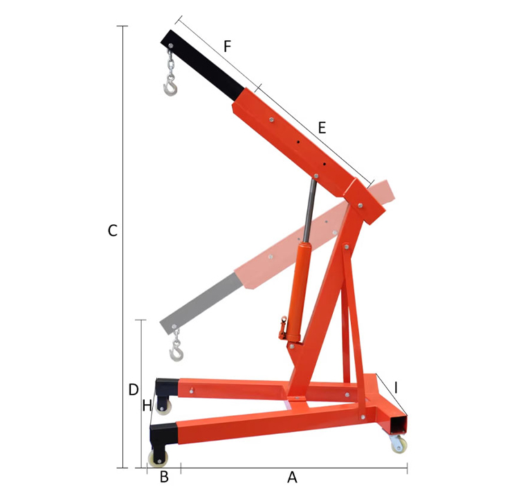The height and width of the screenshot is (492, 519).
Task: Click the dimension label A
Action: tap(292, 477)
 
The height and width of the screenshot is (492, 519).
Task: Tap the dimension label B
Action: tap(164, 477)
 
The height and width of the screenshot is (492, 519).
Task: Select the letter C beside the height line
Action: tap(112, 231)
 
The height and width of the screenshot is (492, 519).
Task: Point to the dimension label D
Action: tap(134, 390)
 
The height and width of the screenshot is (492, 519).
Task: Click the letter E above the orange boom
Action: tap(321, 127)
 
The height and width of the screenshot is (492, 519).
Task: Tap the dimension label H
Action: tap(147, 406)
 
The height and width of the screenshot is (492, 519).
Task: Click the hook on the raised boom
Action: tap(170, 86)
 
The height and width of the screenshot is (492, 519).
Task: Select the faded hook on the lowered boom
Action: tap(177, 353)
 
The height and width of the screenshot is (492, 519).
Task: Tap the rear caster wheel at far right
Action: tap(398, 444)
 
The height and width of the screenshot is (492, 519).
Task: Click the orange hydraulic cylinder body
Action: tap(302, 291)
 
